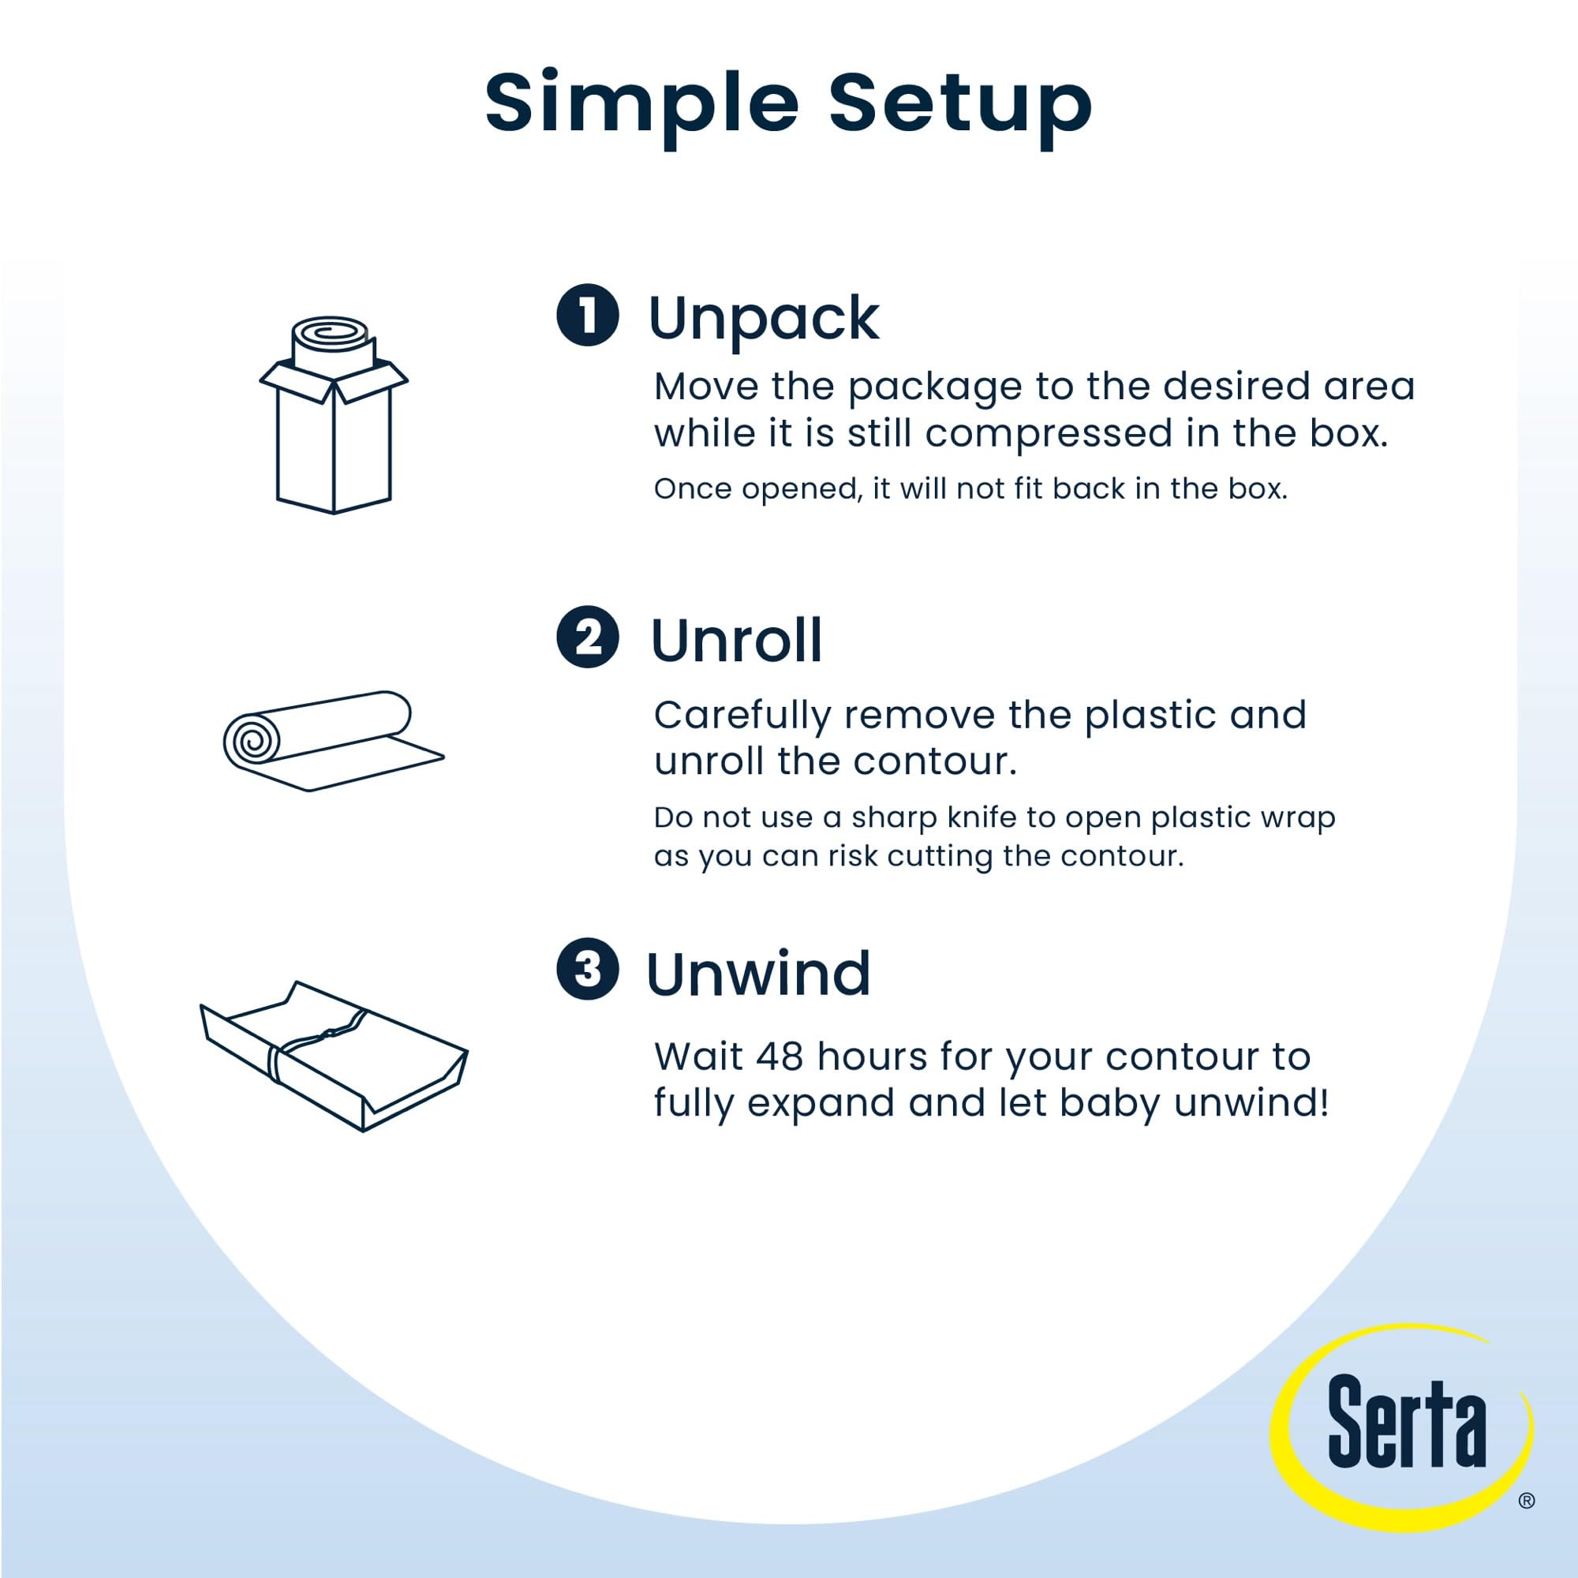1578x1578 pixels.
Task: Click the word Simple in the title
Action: tap(641, 103)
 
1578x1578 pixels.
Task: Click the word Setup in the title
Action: tap(960, 103)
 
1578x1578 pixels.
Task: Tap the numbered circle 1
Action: tap(587, 315)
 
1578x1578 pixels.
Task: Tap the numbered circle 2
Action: tap(587, 637)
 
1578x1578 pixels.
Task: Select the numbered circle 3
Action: tap(587, 970)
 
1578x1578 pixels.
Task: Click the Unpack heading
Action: tap(764, 319)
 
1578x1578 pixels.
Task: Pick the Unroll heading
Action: tap(736, 641)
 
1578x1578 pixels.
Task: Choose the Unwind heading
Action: tap(758, 974)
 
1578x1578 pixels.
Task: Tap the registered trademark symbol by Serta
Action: tap(1527, 1501)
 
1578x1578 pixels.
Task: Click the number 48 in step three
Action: tap(780, 1056)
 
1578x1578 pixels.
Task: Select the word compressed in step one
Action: tap(1049, 433)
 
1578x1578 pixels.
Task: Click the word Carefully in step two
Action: tap(742, 716)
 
